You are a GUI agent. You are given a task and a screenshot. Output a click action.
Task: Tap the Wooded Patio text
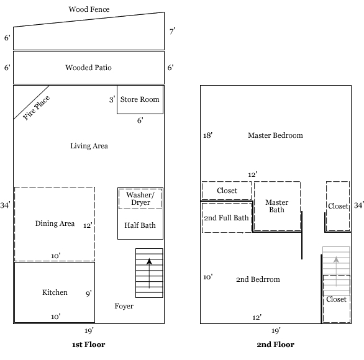(x=89, y=68)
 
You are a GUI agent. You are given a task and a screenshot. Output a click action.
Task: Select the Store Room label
(x=140, y=99)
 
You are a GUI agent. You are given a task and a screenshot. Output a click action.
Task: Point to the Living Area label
(x=89, y=146)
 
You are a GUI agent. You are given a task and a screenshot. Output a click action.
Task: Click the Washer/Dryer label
(x=140, y=199)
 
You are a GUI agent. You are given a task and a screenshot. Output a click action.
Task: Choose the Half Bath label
(x=140, y=225)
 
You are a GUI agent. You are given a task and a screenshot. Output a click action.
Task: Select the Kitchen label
(x=55, y=292)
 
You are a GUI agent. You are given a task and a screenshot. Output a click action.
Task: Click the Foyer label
(x=124, y=306)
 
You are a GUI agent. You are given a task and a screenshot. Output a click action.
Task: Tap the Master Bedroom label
(x=275, y=135)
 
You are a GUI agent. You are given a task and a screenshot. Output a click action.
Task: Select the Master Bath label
(x=276, y=206)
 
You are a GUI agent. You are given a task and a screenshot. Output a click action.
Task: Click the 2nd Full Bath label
(x=226, y=218)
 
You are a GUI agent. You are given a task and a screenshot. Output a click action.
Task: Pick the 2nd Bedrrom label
(x=259, y=279)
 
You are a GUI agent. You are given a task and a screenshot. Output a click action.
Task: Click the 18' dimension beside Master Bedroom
(x=208, y=135)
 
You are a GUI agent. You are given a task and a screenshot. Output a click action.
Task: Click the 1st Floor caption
(x=89, y=344)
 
